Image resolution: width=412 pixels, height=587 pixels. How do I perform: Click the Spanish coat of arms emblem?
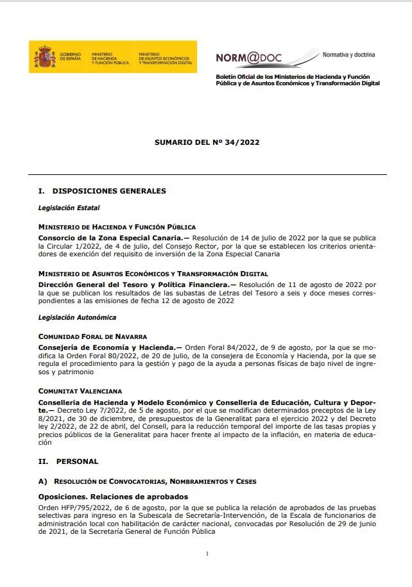(45, 57)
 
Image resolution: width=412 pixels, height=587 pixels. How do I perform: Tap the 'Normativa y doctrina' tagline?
(348, 54)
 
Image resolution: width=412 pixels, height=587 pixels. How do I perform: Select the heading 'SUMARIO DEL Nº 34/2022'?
(207, 143)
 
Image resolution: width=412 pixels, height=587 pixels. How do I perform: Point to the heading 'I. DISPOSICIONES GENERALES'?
(102, 191)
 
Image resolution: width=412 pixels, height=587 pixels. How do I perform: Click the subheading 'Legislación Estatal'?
(69, 208)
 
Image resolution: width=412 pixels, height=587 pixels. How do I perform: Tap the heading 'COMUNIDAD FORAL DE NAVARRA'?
(92, 336)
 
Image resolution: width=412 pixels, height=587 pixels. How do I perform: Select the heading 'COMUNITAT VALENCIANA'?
(80, 391)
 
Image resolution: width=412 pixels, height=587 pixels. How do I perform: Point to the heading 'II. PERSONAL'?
(68, 461)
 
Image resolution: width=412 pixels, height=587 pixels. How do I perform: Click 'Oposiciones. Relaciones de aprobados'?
(113, 497)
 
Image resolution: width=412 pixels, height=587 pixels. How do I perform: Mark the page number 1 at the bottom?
(207, 554)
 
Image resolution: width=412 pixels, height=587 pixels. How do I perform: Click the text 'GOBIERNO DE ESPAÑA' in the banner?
(71, 58)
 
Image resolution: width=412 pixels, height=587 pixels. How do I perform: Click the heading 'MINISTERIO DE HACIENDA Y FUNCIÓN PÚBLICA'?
(117, 227)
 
